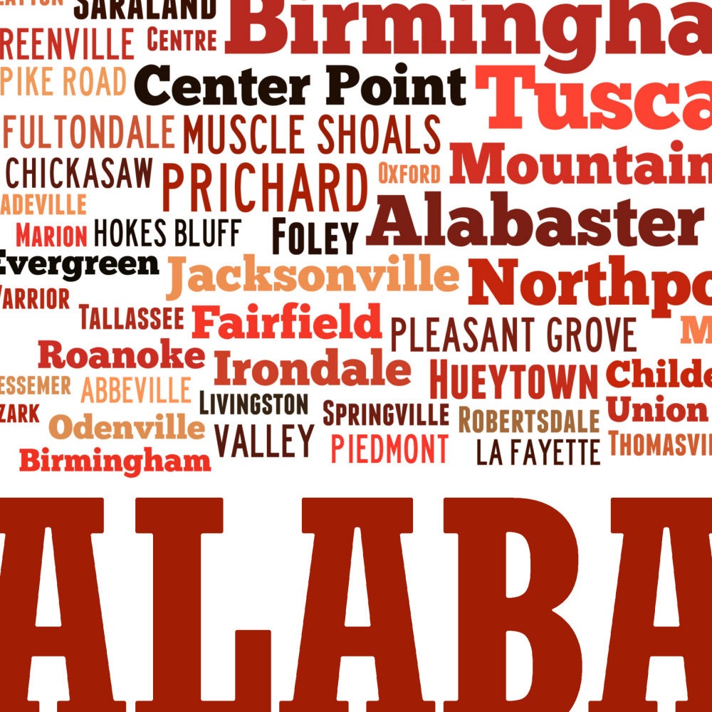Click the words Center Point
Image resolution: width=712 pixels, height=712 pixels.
300,87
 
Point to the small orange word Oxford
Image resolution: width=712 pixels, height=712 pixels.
409,173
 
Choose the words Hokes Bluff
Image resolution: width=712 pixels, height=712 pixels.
167,233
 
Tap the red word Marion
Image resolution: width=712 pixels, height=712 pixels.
51,235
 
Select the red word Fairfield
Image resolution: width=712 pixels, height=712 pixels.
287,322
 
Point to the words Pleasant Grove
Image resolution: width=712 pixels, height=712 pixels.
513,335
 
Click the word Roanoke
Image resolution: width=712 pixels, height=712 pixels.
121,355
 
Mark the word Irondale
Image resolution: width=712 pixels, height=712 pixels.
312,370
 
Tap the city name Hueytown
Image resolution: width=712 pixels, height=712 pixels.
514,382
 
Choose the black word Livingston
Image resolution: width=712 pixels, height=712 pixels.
253,404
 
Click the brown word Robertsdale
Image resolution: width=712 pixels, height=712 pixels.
528,421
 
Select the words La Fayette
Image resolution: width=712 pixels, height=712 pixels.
538,452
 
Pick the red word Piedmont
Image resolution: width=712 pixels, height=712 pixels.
389,449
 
